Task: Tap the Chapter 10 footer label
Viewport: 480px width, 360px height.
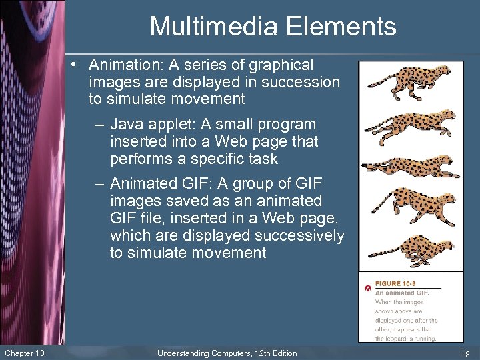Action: (24, 353)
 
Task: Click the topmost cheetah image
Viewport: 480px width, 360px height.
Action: (407, 83)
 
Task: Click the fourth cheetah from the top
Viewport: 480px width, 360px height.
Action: (407, 207)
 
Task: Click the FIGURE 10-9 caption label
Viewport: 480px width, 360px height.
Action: (396, 283)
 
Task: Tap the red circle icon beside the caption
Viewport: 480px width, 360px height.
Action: (367, 288)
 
